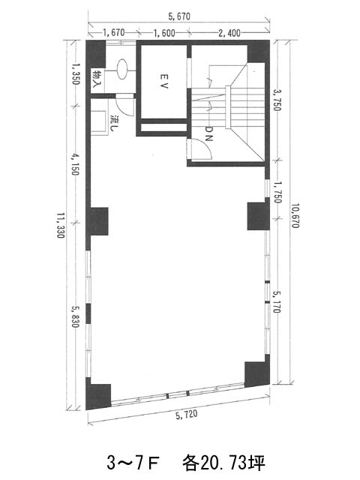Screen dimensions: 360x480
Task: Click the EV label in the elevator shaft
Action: click(x=164, y=81)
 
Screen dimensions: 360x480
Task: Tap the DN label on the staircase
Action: click(x=208, y=133)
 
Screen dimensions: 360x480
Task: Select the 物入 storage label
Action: click(x=97, y=79)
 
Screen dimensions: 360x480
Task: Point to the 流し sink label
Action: click(x=114, y=123)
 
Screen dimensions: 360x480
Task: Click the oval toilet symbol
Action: click(x=122, y=69)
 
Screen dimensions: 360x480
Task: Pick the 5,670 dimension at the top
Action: click(x=179, y=16)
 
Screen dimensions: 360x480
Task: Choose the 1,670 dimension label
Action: click(x=113, y=32)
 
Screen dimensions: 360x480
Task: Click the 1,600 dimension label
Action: click(x=164, y=33)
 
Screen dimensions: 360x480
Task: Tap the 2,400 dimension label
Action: click(x=229, y=33)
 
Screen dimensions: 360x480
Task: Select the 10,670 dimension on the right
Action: click(x=295, y=215)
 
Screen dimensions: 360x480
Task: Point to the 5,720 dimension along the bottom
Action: click(x=187, y=415)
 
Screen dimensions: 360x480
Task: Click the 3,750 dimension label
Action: click(x=277, y=100)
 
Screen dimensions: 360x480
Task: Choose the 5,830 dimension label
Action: click(x=75, y=316)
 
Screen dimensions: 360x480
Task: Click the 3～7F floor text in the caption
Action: click(x=133, y=463)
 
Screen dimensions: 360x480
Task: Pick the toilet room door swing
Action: click(x=125, y=104)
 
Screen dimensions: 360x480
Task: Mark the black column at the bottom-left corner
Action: click(x=98, y=394)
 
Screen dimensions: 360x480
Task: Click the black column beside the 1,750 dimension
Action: click(x=258, y=215)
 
